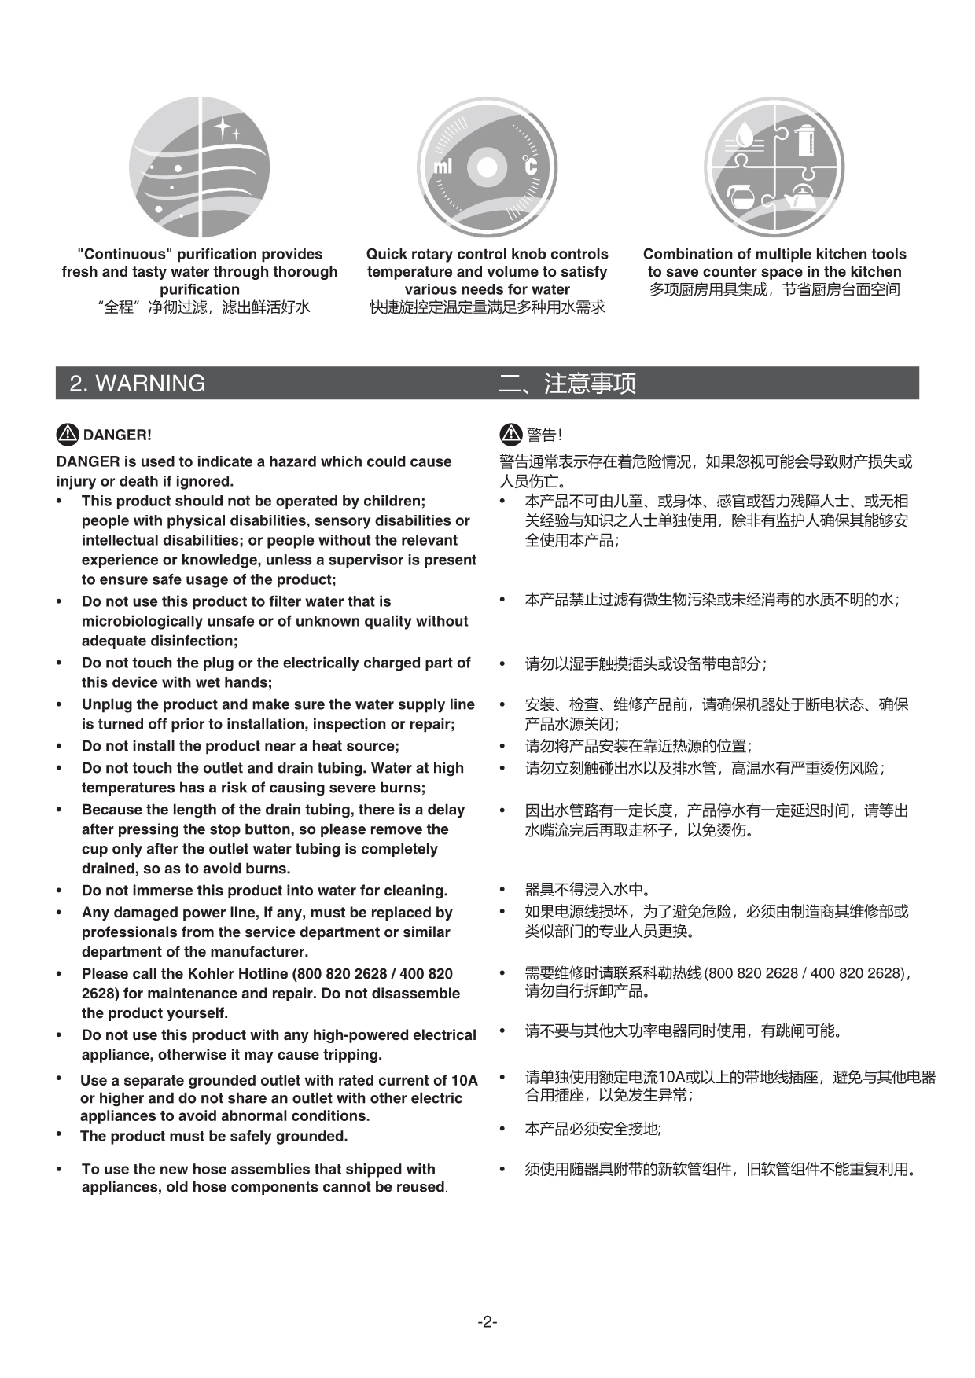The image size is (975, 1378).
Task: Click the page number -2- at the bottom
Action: click(x=487, y=1321)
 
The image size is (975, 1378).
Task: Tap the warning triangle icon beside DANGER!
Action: click(x=68, y=434)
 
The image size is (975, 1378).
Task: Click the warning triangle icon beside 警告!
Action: click(x=511, y=434)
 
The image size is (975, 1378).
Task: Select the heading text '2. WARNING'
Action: click(x=138, y=383)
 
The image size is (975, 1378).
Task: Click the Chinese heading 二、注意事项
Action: click(x=567, y=383)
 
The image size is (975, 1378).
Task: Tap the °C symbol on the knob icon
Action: click(x=531, y=166)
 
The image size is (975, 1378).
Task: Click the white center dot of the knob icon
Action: click(x=487, y=167)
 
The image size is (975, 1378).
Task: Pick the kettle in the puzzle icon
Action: click(x=803, y=197)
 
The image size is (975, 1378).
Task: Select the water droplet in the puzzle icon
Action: click(x=745, y=132)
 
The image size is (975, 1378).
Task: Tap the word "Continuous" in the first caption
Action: click(x=124, y=254)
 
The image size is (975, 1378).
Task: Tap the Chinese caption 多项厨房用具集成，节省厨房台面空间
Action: click(x=774, y=289)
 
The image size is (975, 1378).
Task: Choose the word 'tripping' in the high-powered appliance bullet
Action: click(x=350, y=1054)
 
